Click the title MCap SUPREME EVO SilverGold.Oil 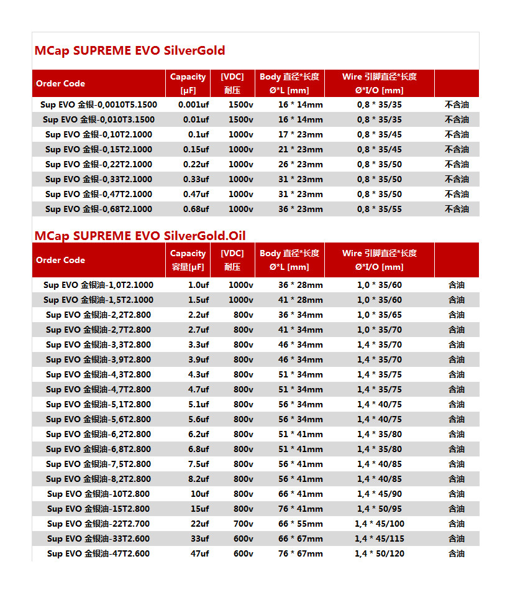point(140,236)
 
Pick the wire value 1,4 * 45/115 point(379,539)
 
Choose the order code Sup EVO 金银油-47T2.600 point(98,553)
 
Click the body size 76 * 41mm point(300,509)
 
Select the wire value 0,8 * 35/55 point(379,209)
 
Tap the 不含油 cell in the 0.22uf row point(457,164)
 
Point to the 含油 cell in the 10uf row point(457,494)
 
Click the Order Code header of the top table point(60,83)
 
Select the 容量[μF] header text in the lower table point(188,267)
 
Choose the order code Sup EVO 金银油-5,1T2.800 point(98,404)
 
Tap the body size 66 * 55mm point(300,524)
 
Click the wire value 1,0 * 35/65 point(379,315)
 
